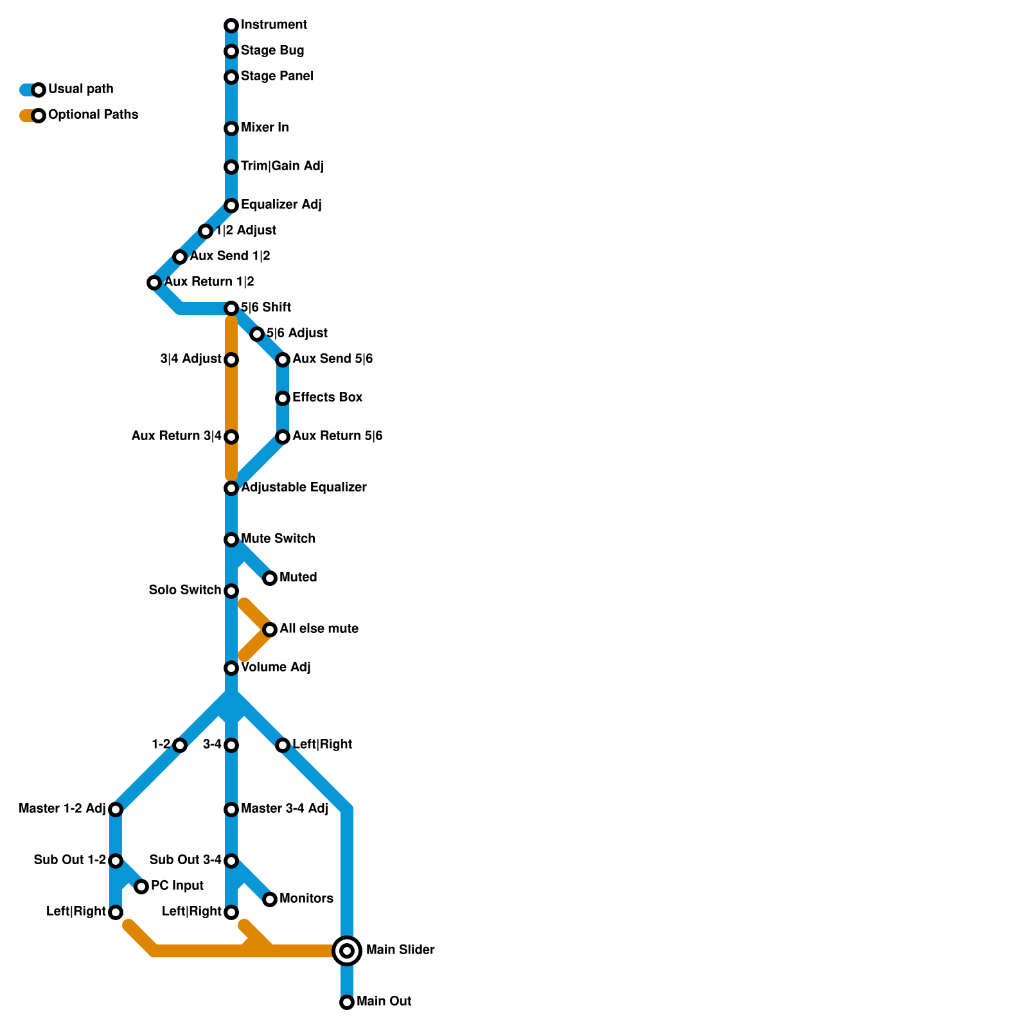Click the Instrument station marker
pyautogui.click(x=231, y=26)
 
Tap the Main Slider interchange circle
pyautogui.click(x=347, y=950)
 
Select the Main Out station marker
pyautogui.click(x=347, y=1002)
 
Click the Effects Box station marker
pyautogui.click(x=283, y=398)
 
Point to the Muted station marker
pyautogui.click(x=270, y=578)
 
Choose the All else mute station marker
pyautogui.click(x=270, y=629)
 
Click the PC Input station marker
pyautogui.click(x=141, y=887)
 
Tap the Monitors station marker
pyautogui.click(x=270, y=899)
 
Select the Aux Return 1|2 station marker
pyautogui.click(x=154, y=283)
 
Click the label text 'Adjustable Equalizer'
pyautogui.click(x=304, y=488)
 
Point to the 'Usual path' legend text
pyautogui.click(x=80, y=89)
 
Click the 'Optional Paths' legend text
pyautogui.click(x=93, y=115)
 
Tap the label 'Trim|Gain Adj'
pyautogui.click(x=282, y=166)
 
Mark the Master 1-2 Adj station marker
pyautogui.click(x=116, y=809)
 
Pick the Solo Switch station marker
pyautogui.click(x=231, y=590)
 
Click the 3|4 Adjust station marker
pyautogui.click(x=231, y=360)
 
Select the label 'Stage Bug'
pyautogui.click(x=272, y=51)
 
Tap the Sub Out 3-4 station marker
pyautogui.click(x=231, y=860)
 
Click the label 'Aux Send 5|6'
pyautogui.click(x=332, y=359)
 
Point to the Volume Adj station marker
pyautogui.click(x=231, y=668)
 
